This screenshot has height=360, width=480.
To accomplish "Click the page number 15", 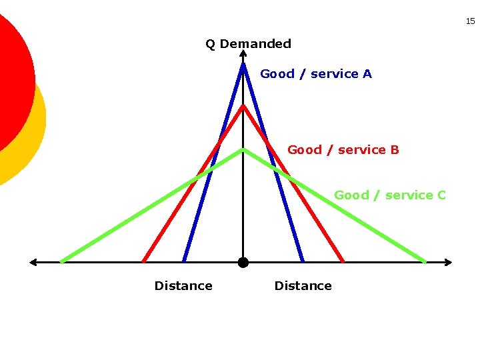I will (470, 21).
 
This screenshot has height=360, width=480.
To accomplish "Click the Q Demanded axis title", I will (248, 44).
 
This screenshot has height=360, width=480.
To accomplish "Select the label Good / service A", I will (316, 74).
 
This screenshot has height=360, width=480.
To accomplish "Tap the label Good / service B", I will (343, 150).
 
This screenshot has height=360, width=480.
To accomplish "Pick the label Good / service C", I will (390, 195).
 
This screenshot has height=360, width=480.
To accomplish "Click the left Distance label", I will (183, 286).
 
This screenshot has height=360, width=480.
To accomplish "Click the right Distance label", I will (303, 286).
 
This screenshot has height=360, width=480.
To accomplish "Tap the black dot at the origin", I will (243, 263).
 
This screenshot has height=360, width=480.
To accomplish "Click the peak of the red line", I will (243, 105).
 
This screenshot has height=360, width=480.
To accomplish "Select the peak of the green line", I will (243, 149).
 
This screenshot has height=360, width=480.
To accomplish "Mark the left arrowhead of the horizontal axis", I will (32, 263).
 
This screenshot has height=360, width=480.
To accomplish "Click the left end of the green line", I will (61, 261).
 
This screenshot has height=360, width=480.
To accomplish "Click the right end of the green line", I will (425, 261).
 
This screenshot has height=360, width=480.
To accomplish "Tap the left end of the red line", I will (144, 261).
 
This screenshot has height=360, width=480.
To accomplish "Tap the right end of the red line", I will (343, 261).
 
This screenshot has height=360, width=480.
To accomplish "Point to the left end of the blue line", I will (184, 261).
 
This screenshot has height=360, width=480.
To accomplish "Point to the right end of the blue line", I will (303, 261).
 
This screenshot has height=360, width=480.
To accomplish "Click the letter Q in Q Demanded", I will (210, 44).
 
